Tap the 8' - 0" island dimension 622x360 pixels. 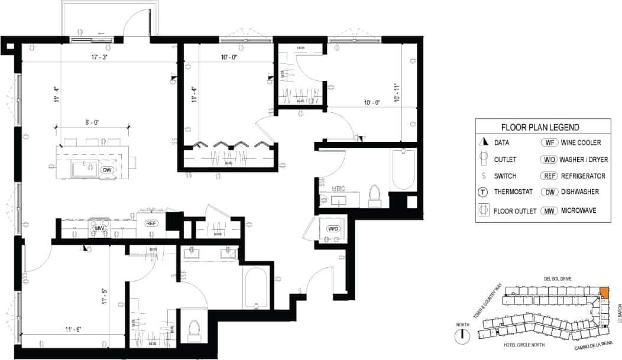pyautogui.click(x=92, y=123)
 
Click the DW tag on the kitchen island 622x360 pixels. pyautogui.click(x=107, y=170)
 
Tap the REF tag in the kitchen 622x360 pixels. pyautogui.click(x=150, y=223)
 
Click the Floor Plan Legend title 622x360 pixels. pyautogui.click(x=540, y=127)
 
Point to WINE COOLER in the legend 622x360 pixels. pyautogui.click(x=581, y=142)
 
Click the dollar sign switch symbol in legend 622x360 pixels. pyautogui.click(x=484, y=176)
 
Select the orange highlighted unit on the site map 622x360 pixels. pyautogui.click(x=604, y=292)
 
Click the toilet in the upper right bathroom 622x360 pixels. pyautogui.click(x=374, y=196)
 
